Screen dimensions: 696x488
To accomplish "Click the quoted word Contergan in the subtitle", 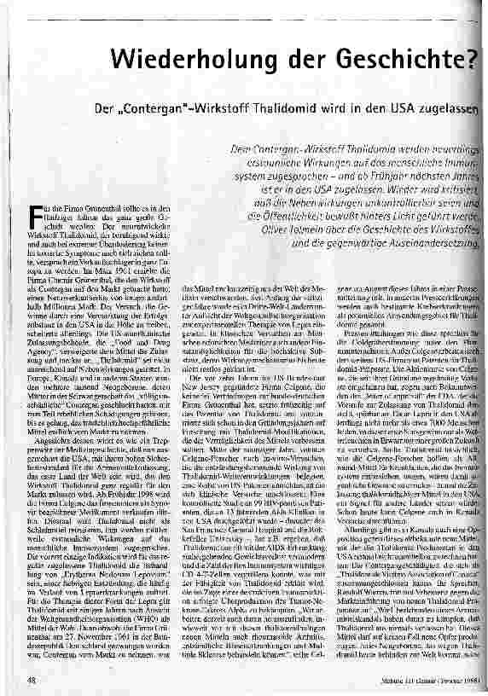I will pos(166,111).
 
